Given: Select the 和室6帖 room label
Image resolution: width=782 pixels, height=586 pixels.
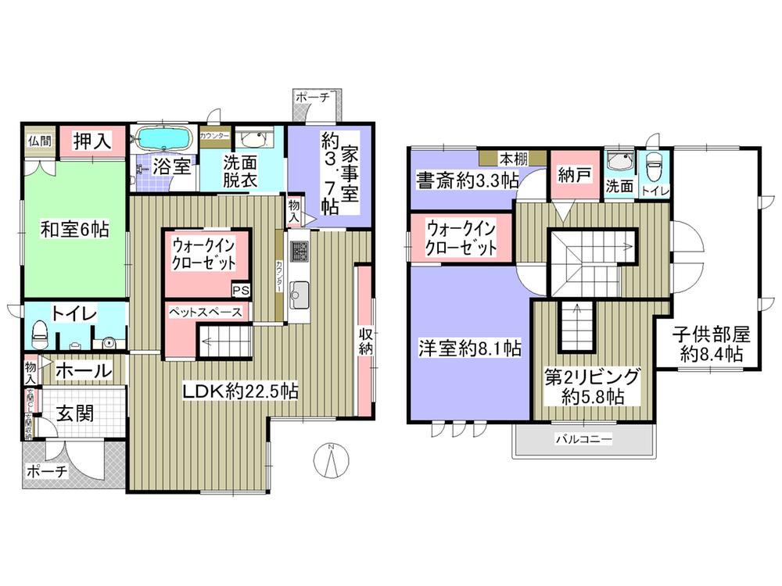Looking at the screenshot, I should [74, 230].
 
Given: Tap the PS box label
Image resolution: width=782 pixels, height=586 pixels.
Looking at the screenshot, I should [241, 290].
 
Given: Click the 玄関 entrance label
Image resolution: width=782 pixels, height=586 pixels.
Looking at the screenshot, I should [74, 413].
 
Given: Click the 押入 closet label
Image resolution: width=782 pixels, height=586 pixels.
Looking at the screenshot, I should [91, 141].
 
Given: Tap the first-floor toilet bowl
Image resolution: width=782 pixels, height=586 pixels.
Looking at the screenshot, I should [38, 337].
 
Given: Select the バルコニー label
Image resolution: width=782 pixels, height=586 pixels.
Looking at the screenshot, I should [583, 440].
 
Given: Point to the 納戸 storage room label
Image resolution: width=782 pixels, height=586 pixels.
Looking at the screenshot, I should [573, 177].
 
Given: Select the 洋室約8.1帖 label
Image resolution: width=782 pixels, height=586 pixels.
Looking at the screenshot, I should [469, 349].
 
